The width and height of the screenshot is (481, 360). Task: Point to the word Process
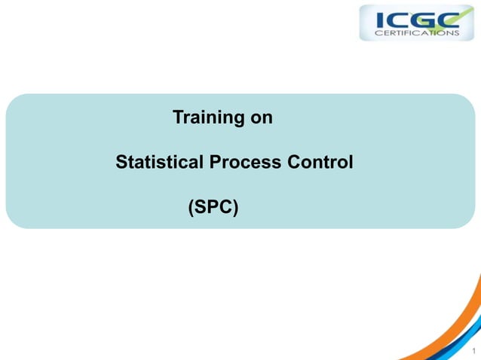[x=245, y=162]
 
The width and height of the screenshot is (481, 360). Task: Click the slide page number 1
[x=473, y=350]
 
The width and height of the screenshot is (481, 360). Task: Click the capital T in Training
[x=178, y=118]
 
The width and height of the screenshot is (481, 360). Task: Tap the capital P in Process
[x=219, y=162]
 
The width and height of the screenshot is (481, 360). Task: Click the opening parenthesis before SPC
[x=190, y=206]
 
